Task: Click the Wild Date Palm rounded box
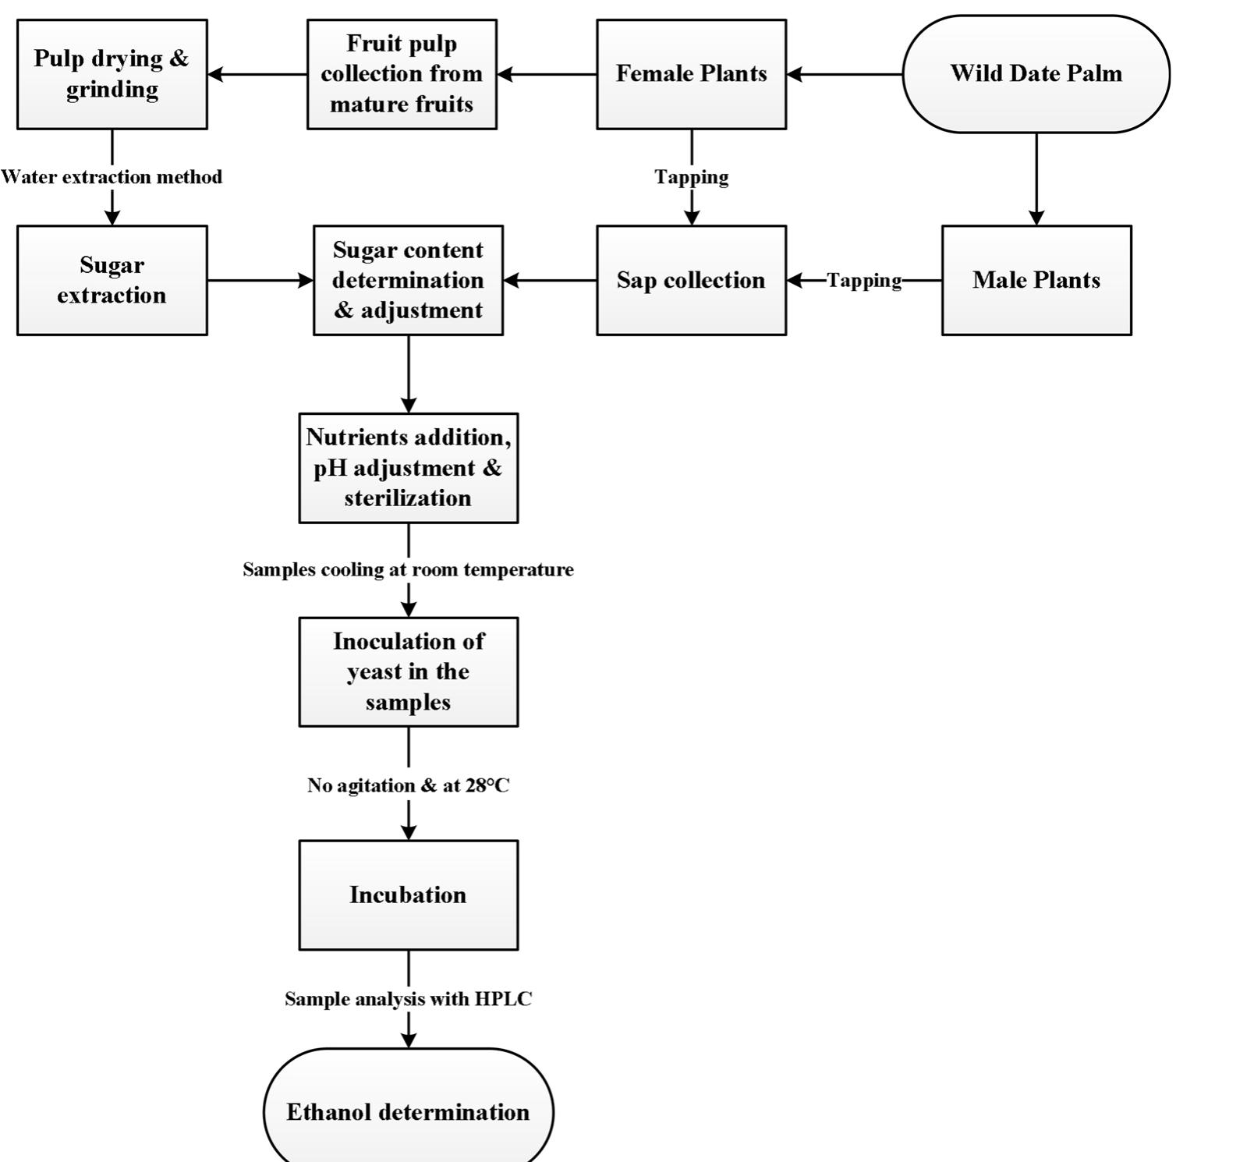(1036, 74)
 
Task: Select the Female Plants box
(691, 74)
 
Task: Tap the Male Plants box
(1036, 280)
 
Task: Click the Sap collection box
(691, 280)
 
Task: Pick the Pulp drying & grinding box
(112, 74)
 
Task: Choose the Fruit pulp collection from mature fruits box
(402, 74)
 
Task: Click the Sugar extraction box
(112, 280)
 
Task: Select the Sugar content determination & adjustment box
(408, 280)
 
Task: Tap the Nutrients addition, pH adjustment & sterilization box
(408, 468)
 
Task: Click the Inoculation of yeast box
(408, 671)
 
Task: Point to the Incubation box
(408, 895)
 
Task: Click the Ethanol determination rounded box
(408, 1111)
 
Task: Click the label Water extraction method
(112, 177)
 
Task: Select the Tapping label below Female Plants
(691, 177)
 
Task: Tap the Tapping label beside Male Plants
(863, 280)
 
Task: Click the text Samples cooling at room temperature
(408, 569)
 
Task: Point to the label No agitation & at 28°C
(408, 785)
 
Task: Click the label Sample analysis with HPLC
(408, 999)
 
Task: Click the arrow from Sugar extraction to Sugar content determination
(260, 280)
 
